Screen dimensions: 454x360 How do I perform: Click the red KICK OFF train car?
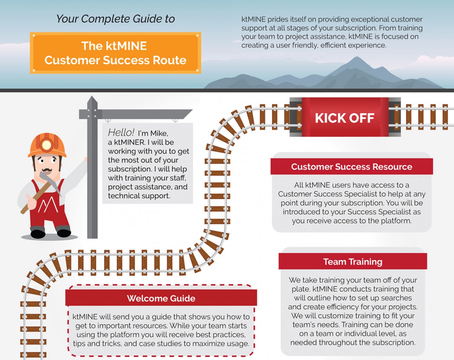coord(345,117)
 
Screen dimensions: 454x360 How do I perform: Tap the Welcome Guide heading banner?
coord(161,297)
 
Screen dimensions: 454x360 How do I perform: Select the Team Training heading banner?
coord(353,261)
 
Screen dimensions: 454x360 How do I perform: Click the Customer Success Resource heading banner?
coord(352,166)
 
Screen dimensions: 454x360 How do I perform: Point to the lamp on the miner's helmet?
coord(47,145)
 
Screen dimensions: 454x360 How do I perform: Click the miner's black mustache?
coord(47,169)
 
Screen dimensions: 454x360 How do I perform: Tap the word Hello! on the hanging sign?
coord(121,133)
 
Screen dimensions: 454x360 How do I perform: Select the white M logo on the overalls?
coord(48,205)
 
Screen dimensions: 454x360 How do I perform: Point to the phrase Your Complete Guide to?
coord(115,19)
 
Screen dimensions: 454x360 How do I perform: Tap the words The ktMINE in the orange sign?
coord(114,46)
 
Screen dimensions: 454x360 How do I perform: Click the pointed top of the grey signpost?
coord(92,97)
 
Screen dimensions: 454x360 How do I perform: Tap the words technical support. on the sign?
coord(139,196)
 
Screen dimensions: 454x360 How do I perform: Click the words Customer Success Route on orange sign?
coord(115,60)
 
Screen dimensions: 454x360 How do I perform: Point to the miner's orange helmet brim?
coord(47,155)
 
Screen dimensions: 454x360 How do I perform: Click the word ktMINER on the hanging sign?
coord(129,142)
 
